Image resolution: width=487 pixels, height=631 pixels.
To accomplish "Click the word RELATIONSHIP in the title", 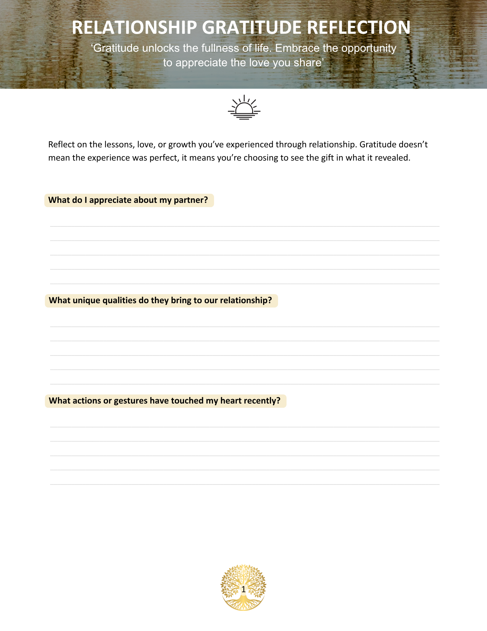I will coord(134,27).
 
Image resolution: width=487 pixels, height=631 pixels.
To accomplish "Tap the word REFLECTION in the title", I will coord(358,27).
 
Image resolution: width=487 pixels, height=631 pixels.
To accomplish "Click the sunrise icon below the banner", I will coord(244,108).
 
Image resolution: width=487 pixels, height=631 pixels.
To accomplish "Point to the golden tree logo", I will coord(243,587).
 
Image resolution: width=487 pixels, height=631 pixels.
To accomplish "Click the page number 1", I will coord(243,589).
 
